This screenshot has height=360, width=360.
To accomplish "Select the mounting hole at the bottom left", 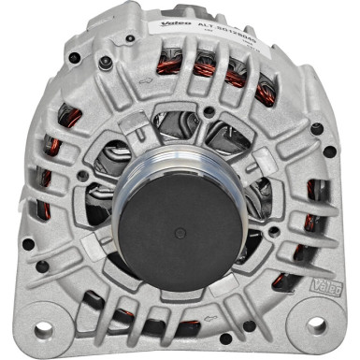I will pyautogui.click(x=42, y=328).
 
